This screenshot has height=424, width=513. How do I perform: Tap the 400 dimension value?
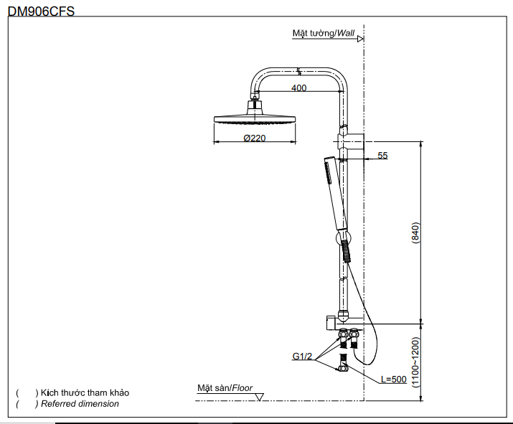tap(298, 88)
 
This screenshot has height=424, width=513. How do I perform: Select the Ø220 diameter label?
tap(254, 138)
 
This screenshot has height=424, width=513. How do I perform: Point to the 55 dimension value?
tap(382, 155)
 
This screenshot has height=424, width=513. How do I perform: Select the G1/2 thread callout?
tap(301, 356)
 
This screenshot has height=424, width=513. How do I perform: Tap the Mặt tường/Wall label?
tap(324, 33)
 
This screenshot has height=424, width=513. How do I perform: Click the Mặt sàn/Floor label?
tap(225, 387)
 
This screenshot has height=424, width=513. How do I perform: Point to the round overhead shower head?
tap(255, 118)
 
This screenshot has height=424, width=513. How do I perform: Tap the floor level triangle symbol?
tap(260, 396)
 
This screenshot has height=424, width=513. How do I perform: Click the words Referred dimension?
tap(80, 404)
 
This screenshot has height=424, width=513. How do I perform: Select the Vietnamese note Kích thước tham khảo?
tap(85, 393)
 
